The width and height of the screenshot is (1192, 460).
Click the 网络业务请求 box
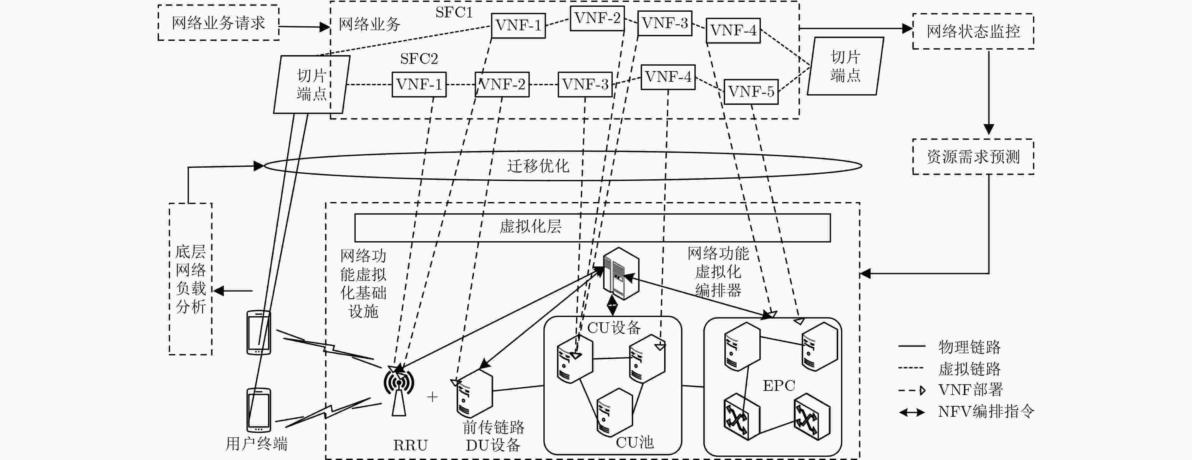tap(219, 23)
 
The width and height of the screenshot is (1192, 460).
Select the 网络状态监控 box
tap(973, 31)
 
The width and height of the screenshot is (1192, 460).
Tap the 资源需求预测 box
tap(973, 157)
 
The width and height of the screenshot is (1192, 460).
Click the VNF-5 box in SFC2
tap(751, 91)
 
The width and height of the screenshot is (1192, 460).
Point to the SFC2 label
tap(419, 59)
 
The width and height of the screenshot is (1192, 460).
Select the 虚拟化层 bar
tap(592, 227)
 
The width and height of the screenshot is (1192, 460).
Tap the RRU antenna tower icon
tap(398, 389)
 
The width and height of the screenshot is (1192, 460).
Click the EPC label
tap(779, 385)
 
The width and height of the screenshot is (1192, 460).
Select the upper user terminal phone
tap(259, 332)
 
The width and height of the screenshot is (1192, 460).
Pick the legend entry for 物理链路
tap(950, 347)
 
